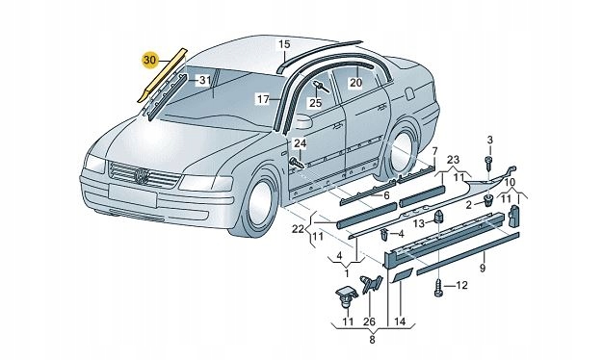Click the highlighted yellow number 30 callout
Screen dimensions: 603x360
pos(150,61)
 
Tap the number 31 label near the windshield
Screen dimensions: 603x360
pos(204,81)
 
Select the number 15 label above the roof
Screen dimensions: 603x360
pos(284,44)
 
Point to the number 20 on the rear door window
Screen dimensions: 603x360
pos(355,82)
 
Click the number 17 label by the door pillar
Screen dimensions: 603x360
pos(263,99)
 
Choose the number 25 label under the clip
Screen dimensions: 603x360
pos(315,103)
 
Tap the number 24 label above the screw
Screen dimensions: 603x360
pos(300,143)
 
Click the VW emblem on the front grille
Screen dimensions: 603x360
pos(142,176)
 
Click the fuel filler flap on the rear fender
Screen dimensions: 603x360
pos(409,93)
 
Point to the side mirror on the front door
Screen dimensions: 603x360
pos(303,121)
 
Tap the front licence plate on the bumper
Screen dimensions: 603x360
pos(132,194)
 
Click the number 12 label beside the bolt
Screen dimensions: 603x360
pos(461,286)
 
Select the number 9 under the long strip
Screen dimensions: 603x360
pos(483,268)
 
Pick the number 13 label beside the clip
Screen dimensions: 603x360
pos(420,223)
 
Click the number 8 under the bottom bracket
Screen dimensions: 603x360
pos(372,340)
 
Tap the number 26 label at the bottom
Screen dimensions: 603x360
pos(370,321)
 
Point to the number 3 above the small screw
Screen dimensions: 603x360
pos(490,140)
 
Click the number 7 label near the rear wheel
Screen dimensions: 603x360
pos(434,150)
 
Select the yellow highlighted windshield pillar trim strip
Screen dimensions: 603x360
pos(162,76)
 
